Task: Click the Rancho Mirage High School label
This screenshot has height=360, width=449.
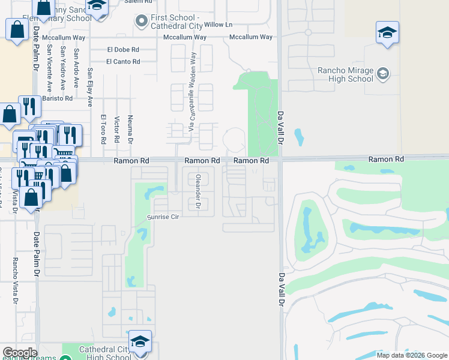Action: pos(345,74)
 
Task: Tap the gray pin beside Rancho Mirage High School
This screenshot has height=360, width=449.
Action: pos(382,74)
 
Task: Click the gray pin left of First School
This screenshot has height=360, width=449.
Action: pos(142,22)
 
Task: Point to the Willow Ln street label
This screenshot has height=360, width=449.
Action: pos(218,25)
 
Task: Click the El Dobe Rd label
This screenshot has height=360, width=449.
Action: pos(123,50)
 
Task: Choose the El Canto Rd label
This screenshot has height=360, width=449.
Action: pos(123,61)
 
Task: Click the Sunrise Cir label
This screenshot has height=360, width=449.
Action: pos(164,217)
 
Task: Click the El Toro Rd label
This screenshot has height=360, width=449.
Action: pos(103,130)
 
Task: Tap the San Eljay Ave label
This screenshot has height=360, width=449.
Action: pos(90,87)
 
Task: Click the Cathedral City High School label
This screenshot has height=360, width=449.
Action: pos(105,353)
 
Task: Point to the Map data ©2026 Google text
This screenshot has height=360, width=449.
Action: pos(411,355)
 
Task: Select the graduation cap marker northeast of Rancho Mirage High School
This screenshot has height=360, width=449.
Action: pos(387,32)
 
